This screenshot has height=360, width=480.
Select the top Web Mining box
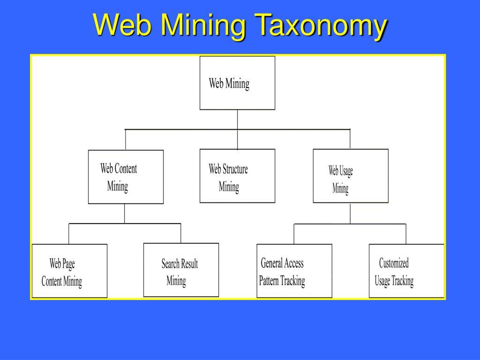coord(237,83)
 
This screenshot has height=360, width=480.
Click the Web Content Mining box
coord(126,177)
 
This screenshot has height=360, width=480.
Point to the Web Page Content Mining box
coord(69,271)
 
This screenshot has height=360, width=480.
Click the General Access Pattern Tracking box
coord(294,271)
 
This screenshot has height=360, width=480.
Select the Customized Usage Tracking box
coord(406,271)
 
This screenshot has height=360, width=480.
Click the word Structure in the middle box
coord(235,169)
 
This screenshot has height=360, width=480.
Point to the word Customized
coord(394,263)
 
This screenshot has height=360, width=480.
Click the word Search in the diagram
coord(170,263)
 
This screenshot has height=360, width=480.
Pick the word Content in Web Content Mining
coord(125,168)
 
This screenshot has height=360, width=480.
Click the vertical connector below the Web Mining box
coord(237,119)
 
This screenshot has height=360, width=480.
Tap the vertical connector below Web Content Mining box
coord(125,214)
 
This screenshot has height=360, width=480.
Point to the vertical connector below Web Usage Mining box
coord(350,213)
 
